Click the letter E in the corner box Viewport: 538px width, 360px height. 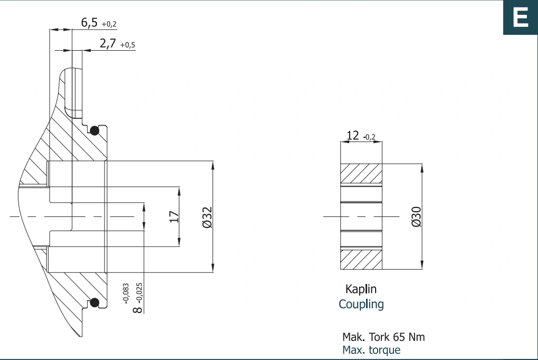click(520, 17)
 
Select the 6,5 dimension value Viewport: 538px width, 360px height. click(89, 23)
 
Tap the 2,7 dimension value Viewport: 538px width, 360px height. click(108, 44)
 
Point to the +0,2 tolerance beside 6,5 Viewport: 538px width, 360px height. click(109, 24)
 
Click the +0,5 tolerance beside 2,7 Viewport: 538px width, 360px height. click(128, 45)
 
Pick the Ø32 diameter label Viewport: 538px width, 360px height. click(207, 217)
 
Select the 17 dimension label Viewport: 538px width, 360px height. click(174, 217)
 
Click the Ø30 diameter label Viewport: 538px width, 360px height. click(416, 217)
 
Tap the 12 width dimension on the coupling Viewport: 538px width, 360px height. click(353, 135)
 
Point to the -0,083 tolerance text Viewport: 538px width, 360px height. click(126, 293)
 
